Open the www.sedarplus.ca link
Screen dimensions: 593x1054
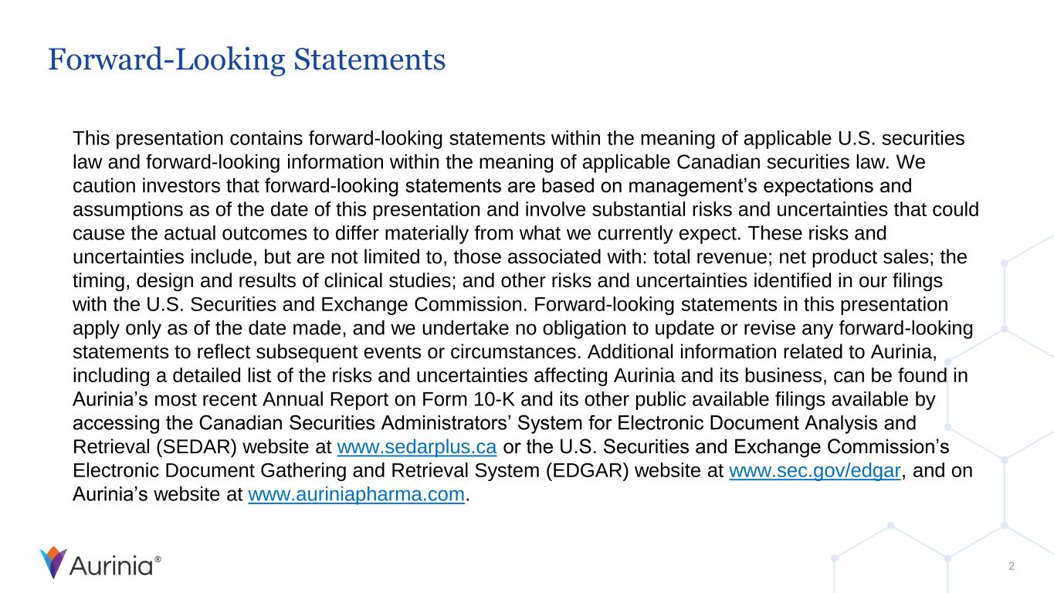[x=417, y=448]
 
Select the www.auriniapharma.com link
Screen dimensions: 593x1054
[x=358, y=493]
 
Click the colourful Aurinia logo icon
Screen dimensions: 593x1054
[x=53, y=563]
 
